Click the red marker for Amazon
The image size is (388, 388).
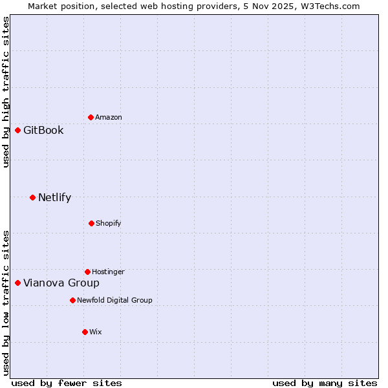coord(91,117)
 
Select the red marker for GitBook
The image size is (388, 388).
coord(17,130)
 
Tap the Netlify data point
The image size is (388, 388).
coord(32,197)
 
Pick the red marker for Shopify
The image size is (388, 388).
coord(91,223)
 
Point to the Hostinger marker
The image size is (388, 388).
coord(87,272)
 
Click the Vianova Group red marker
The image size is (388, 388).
coord(17,283)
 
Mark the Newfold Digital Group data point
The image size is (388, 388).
coord(72,300)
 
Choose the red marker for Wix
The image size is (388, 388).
coord(85,332)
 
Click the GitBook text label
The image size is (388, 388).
coord(43,130)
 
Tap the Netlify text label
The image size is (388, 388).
coord(54,197)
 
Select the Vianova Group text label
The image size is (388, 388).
coord(61,283)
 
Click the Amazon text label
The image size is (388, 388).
coord(109,117)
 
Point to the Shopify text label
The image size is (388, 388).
coord(109,223)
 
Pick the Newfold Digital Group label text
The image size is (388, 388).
coord(114,300)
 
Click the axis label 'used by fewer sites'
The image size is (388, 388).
coord(67,383)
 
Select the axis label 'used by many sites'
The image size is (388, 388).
coord(325,383)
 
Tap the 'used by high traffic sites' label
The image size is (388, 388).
coord(6,92)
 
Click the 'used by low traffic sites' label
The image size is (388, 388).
coord(6,302)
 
